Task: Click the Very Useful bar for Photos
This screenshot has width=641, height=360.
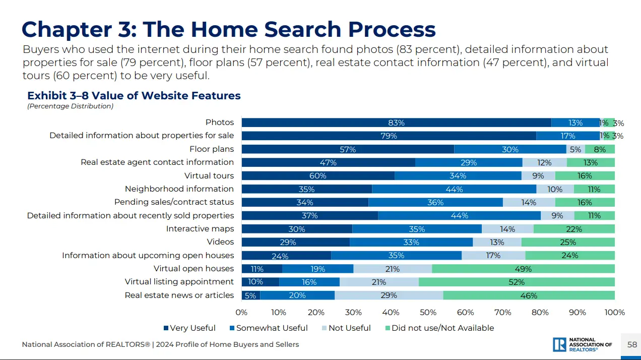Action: (x=396, y=123)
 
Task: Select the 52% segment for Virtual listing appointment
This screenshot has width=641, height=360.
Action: (x=517, y=282)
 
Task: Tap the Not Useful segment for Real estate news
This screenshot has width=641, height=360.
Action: (x=389, y=295)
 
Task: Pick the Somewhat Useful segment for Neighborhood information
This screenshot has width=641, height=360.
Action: (x=454, y=189)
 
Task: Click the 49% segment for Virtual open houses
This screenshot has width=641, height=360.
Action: (x=523, y=269)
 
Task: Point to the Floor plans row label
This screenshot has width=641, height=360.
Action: (x=212, y=149)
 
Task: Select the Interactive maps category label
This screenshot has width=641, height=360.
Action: (x=200, y=229)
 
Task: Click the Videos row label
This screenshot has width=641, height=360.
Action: (x=220, y=242)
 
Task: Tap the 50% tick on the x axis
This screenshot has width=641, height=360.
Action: (x=428, y=313)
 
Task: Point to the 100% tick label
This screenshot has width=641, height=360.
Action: (x=614, y=313)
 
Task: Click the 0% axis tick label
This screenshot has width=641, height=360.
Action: (x=241, y=313)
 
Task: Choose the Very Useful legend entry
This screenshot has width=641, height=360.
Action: (x=189, y=328)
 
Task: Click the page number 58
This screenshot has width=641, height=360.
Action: (x=632, y=345)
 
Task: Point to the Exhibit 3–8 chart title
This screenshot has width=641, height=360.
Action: (x=134, y=96)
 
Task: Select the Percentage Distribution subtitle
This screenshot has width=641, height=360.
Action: (x=70, y=106)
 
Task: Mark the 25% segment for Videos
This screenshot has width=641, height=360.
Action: (x=568, y=242)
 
